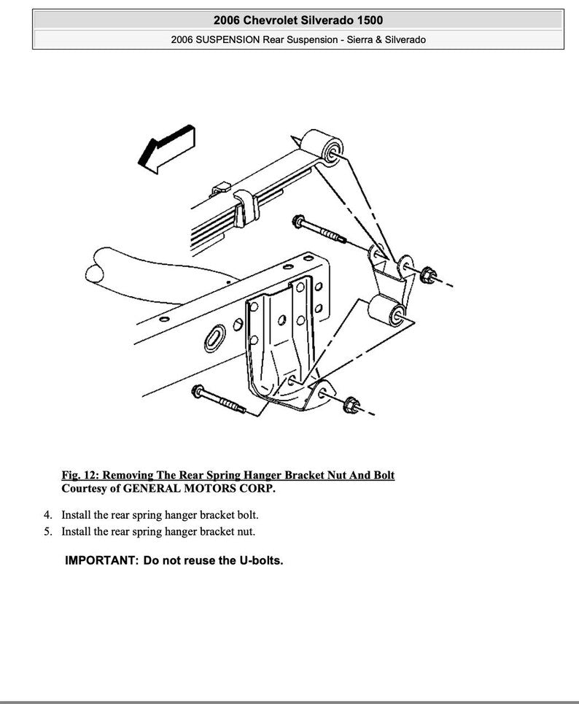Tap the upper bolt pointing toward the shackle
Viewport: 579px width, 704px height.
coord(318,228)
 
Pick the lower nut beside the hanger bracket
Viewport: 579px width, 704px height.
coord(350,403)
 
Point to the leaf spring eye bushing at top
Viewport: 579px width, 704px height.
coord(323,144)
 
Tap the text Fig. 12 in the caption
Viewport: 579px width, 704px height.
coord(79,475)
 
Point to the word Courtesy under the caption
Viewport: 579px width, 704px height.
coord(85,488)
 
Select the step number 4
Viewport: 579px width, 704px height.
coord(47,514)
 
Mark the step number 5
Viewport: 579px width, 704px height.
coord(47,532)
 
